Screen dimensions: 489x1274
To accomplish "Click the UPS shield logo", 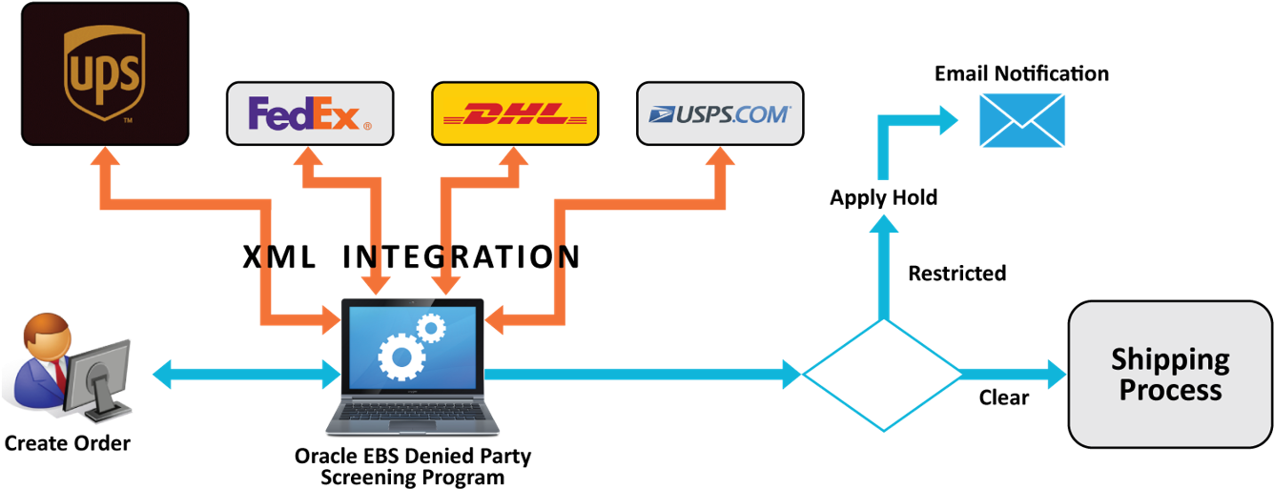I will (104, 73).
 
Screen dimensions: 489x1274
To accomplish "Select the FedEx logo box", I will (310, 113).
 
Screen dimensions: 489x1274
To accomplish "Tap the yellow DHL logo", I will (515, 113).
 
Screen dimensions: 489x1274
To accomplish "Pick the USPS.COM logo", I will (720, 113).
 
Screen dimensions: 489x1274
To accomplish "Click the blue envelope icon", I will (1021, 120).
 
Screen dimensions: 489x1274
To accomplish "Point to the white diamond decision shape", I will (882, 375).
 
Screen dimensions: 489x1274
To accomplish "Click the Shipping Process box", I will (1170, 375).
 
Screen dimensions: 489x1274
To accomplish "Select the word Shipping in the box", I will (1170, 359).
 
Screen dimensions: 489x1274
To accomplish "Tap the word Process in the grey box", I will (1170, 390).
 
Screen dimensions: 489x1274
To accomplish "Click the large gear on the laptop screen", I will (402, 357).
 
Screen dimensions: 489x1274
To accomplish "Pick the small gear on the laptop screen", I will (431, 328).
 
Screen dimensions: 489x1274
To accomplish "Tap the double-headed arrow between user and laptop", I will (246, 375).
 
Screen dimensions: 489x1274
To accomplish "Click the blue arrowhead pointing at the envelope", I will (948, 120).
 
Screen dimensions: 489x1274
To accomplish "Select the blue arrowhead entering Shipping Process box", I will (1056, 375).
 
